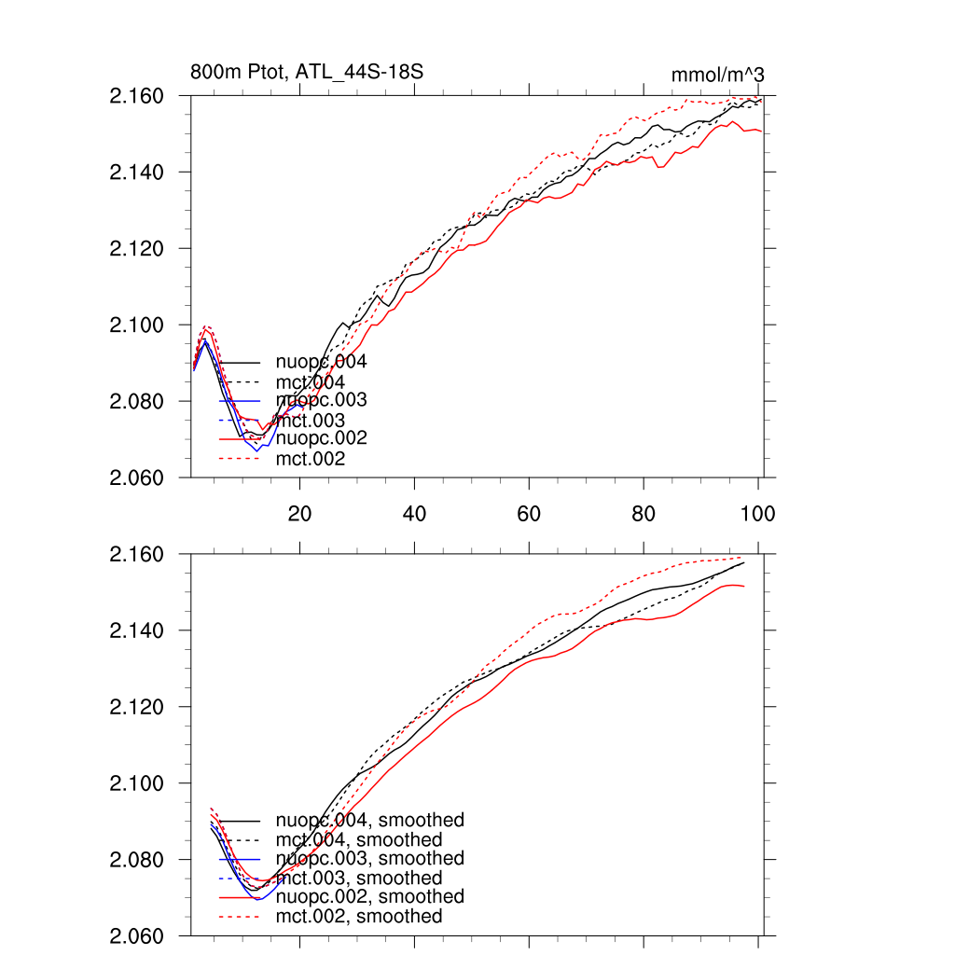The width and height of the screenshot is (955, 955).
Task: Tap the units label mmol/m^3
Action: click(x=718, y=75)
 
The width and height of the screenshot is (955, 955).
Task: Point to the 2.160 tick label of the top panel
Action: click(x=137, y=96)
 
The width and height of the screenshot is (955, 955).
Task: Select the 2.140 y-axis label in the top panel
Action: click(x=137, y=173)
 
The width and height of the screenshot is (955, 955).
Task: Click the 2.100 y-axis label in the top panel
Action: click(x=137, y=325)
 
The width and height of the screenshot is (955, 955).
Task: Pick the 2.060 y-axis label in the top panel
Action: click(x=137, y=477)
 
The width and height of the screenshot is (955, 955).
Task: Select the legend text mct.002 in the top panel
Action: click(x=311, y=459)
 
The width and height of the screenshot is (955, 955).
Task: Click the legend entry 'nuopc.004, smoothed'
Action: click(x=369, y=821)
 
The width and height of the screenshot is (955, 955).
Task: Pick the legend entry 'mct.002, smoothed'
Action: click(x=359, y=917)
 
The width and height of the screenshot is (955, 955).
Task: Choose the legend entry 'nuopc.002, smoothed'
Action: click(x=369, y=896)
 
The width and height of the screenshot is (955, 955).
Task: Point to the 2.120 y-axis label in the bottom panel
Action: click(x=137, y=707)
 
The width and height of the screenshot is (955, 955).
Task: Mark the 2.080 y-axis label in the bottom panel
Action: click(x=137, y=860)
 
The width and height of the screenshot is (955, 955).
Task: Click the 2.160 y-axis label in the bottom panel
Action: click(x=137, y=555)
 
